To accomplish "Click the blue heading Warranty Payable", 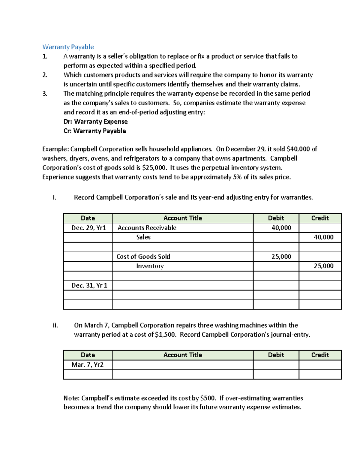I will click(x=68, y=47).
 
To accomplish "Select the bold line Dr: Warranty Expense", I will click(x=95, y=122).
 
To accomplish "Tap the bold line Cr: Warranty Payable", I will click(x=94, y=131).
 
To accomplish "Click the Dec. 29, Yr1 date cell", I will click(x=88, y=228).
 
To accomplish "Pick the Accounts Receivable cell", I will click(x=147, y=228).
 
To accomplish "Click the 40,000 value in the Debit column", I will click(x=281, y=228).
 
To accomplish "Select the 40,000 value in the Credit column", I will click(x=323, y=237).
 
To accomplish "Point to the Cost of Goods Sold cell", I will click(x=143, y=257).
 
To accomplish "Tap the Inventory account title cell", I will click(x=150, y=266).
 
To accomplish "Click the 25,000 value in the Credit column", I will click(x=323, y=266).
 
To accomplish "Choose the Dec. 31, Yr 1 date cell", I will click(x=89, y=285).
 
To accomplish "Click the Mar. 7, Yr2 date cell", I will click(x=87, y=365).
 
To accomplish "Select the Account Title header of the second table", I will click(x=183, y=355).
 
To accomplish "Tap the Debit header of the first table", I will click(x=276, y=218).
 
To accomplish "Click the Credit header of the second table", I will click(x=320, y=355).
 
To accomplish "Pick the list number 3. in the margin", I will click(x=45, y=94).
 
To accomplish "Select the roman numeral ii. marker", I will click(x=55, y=325).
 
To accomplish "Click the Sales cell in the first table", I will click(x=143, y=237).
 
